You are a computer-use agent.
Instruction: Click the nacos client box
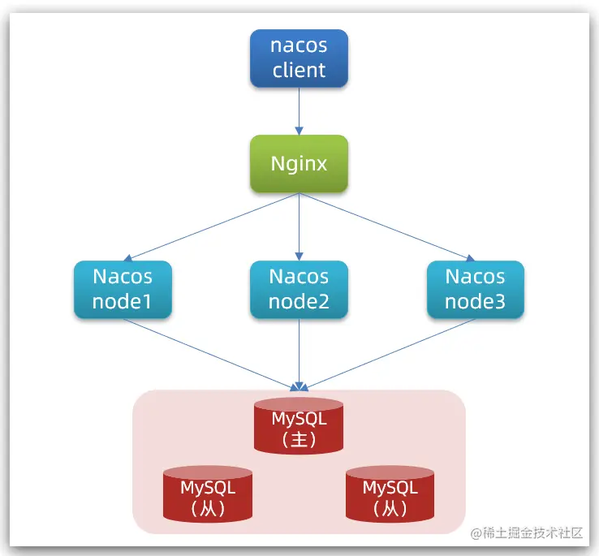[299, 58]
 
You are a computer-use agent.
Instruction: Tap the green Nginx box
[299, 164]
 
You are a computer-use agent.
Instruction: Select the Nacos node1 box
[123, 290]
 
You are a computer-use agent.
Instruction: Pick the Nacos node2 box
[299, 290]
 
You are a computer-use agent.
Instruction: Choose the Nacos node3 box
[475, 290]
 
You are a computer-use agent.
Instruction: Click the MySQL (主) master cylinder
[299, 425]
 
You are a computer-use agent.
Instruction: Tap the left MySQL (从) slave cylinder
[208, 494]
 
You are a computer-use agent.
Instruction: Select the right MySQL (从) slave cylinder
[390, 494]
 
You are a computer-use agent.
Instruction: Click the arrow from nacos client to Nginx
[299, 110]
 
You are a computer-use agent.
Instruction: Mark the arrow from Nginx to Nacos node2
[299, 227]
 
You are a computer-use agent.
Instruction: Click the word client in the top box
[299, 70]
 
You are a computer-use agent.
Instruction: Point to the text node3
[475, 302]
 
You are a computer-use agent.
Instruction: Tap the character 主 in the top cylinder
[299, 439]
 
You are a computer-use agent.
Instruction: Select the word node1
[123, 302]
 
